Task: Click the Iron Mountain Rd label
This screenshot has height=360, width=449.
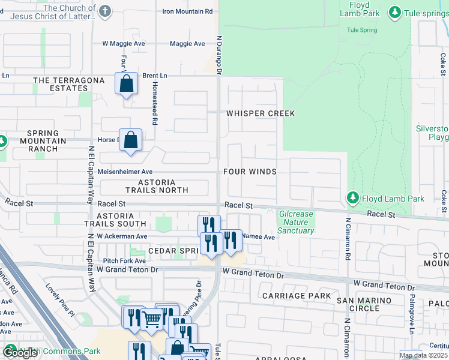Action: click(188, 11)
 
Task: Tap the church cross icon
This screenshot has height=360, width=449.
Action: click(105, 11)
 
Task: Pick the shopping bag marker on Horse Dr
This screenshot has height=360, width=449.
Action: click(131, 140)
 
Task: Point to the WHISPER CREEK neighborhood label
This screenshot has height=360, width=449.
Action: click(261, 113)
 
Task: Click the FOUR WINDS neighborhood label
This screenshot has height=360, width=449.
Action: click(250, 172)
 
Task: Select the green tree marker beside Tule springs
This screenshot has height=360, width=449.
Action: click(394, 12)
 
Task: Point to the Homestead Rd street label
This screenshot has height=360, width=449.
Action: click(155, 109)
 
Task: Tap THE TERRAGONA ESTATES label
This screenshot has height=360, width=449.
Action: click(61, 84)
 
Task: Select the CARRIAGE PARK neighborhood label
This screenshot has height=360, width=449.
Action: click(297, 296)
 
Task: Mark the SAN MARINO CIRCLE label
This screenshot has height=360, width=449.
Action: click(357, 304)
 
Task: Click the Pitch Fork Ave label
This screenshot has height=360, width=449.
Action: click(124, 261)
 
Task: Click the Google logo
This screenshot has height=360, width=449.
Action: click(20, 353)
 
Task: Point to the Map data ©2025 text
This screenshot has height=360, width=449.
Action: click(423, 355)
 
